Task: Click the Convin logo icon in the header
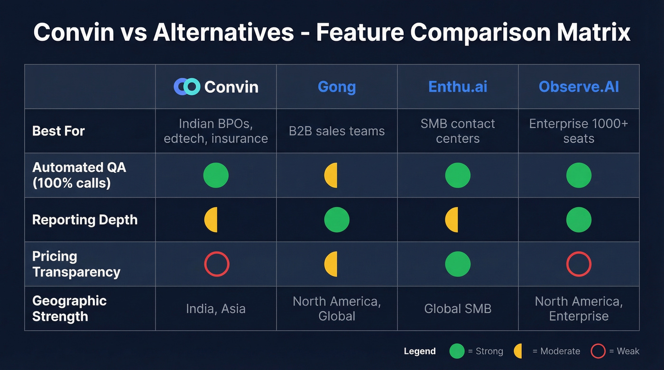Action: [187, 87]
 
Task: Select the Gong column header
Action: [337, 87]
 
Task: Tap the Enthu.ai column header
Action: [458, 87]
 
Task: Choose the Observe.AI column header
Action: [579, 87]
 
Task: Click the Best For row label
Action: [58, 131]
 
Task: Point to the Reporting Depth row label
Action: [85, 220]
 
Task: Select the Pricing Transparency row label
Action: [76, 264]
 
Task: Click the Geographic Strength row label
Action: [69, 308]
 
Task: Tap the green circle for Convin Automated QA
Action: [216, 175]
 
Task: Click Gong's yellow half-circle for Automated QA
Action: [331, 175]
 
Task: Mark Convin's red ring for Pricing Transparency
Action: [217, 264]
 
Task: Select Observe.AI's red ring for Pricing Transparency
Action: [579, 264]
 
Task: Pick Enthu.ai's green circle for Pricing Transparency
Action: [458, 264]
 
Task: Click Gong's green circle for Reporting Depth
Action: [337, 220]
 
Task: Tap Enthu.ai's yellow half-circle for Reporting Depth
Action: [452, 220]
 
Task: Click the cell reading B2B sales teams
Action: [337, 131]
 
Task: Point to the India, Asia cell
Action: [216, 309]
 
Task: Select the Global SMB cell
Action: [458, 309]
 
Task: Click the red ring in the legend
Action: [598, 351]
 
